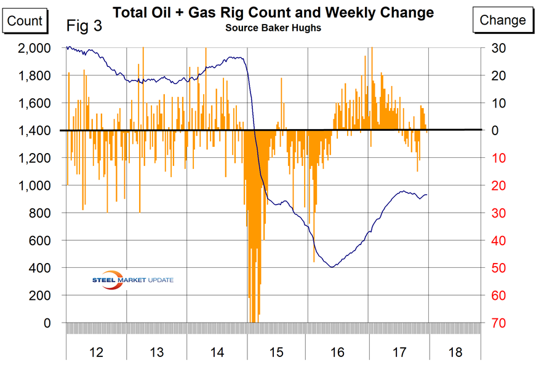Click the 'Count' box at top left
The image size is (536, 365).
tap(24, 20)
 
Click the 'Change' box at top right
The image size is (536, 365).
tap(503, 20)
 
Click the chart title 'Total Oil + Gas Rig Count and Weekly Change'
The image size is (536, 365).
tap(273, 13)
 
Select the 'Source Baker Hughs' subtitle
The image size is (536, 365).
tap(273, 28)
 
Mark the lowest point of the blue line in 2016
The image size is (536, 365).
tap(332, 267)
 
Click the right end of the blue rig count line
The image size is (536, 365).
tap(428, 195)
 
